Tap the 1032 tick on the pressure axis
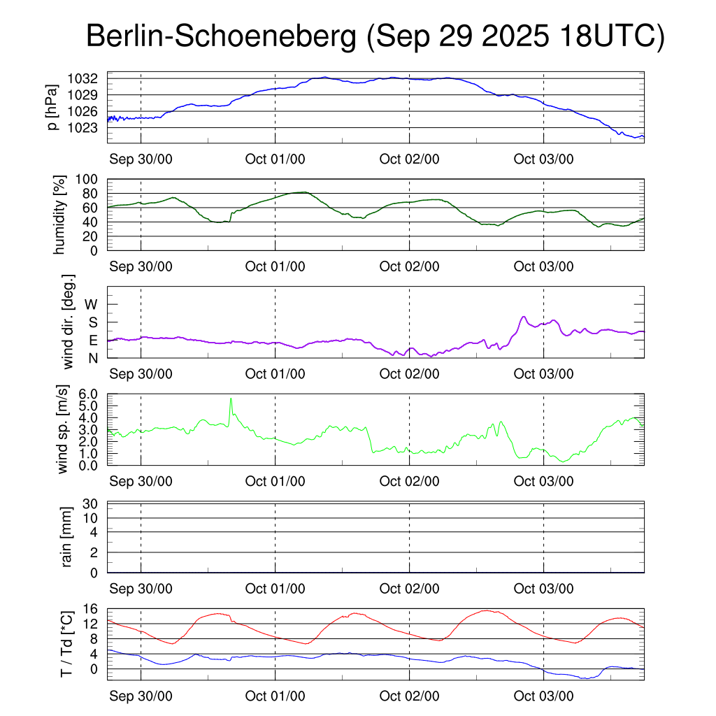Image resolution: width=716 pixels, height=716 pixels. click(x=87, y=78)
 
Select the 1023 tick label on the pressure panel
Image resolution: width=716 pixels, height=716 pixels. click(x=87, y=127)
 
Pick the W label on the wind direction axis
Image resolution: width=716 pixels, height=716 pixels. click(x=92, y=304)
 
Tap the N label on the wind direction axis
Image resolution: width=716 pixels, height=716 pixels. click(x=92, y=358)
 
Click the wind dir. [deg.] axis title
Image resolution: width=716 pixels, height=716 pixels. click(x=69, y=322)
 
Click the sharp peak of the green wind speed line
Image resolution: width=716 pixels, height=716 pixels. click(x=231, y=399)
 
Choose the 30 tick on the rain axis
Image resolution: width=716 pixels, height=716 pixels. click(x=90, y=503)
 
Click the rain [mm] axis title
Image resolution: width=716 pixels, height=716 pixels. click(x=67, y=536)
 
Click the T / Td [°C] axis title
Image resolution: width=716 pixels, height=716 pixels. click(x=67, y=644)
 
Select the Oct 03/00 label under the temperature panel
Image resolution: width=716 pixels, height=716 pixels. click(x=543, y=696)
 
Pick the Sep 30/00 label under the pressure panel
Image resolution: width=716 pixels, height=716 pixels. click(x=141, y=159)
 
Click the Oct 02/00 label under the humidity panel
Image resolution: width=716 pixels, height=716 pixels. click(x=409, y=266)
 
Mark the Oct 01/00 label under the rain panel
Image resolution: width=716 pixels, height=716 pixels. click(x=275, y=589)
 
